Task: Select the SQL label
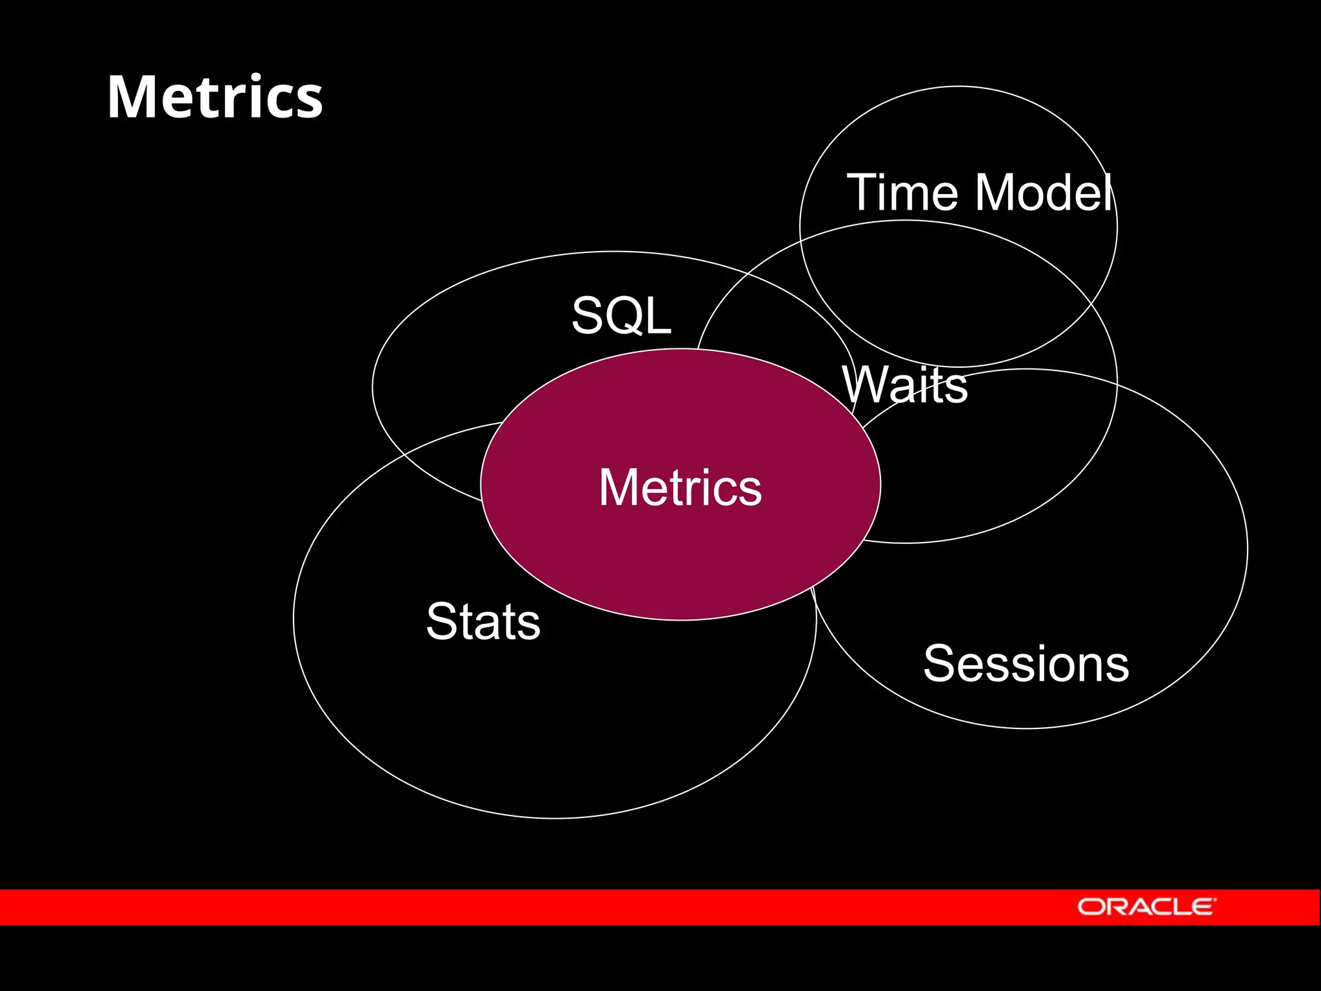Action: (621, 315)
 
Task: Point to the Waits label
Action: (904, 385)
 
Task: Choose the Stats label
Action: (483, 621)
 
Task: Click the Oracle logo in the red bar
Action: (1146, 906)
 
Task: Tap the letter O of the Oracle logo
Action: (1091, 907)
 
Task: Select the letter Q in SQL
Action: (622, 316)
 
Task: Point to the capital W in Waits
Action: (864, 385)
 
